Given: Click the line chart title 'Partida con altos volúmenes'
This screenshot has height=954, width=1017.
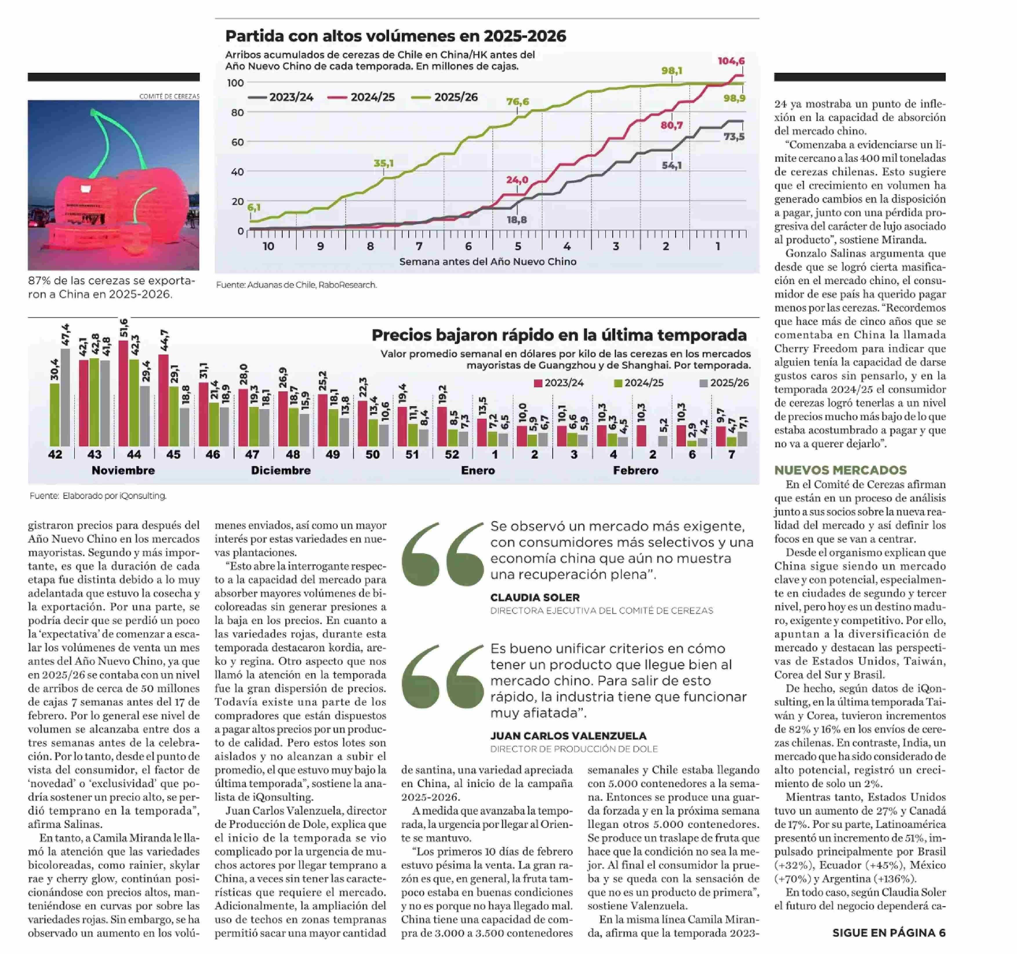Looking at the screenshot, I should (x=395, y=36).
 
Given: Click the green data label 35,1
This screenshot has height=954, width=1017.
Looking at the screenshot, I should (x=383, y=163).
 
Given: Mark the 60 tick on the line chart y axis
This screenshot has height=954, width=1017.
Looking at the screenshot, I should (x=237, y=142).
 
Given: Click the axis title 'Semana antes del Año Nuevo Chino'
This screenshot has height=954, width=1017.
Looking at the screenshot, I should (x=488, y=261).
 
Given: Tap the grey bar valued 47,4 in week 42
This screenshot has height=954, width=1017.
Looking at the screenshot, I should (x=66, y=397).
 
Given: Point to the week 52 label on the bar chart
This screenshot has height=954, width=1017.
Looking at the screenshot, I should (x=452, y=454).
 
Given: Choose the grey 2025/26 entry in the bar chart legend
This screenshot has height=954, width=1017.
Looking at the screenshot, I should (x=724, y=383).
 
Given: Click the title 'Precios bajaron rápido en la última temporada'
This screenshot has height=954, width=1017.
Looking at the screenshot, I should (x=559, y=335).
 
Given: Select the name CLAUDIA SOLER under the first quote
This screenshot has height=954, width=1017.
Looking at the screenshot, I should (x=535, y=597).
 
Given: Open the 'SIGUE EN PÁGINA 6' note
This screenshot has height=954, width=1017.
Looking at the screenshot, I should (x=889, y=933).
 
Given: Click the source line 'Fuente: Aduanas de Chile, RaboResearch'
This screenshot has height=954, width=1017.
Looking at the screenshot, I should (x=296, y=285).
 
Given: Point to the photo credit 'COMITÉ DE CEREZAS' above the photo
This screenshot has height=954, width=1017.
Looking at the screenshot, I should (x=169, y=96).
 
